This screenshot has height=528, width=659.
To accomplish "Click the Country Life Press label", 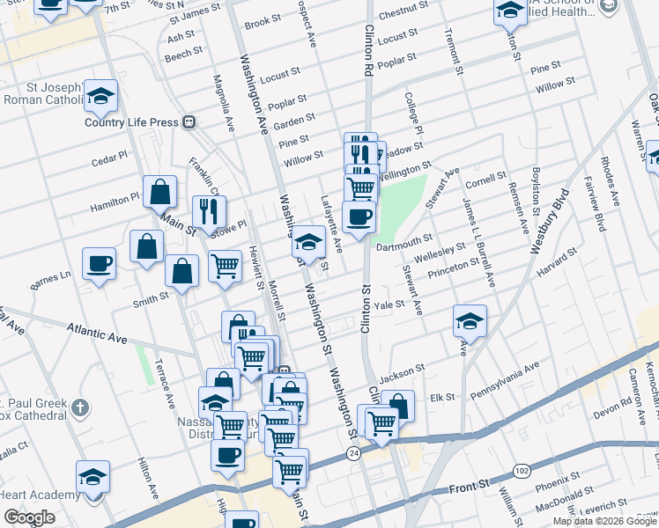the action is click(x=131, y=122).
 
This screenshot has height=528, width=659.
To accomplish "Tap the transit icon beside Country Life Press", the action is click(x=189, y=122).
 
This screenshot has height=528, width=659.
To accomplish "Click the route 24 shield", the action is click(x=353, y=452).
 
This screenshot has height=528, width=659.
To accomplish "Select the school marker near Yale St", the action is click(x=470, y=320).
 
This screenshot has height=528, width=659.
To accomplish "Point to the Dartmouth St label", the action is click(x=404, y=238).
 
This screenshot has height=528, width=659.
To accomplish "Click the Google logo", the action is click(x=29, y=517).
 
